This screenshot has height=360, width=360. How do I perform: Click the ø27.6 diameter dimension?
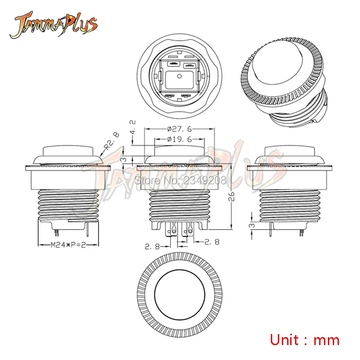pyautogui.click(x=179, y=129)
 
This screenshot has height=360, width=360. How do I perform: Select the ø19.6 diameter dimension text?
pyautogui.click(x=179, y=139)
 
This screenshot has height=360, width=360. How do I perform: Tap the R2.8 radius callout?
pyautogui.click(x=112, y=141)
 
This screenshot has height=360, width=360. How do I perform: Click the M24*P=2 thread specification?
pyautogui.click(x=68, y=245)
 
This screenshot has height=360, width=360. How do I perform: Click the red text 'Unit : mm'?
pyautogui.click(x=304, y=340)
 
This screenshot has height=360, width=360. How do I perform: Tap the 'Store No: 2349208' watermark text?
pyautogui.click(x=180, y=180)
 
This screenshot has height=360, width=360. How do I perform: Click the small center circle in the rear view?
pyautogui.click(x=180, y=76)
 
